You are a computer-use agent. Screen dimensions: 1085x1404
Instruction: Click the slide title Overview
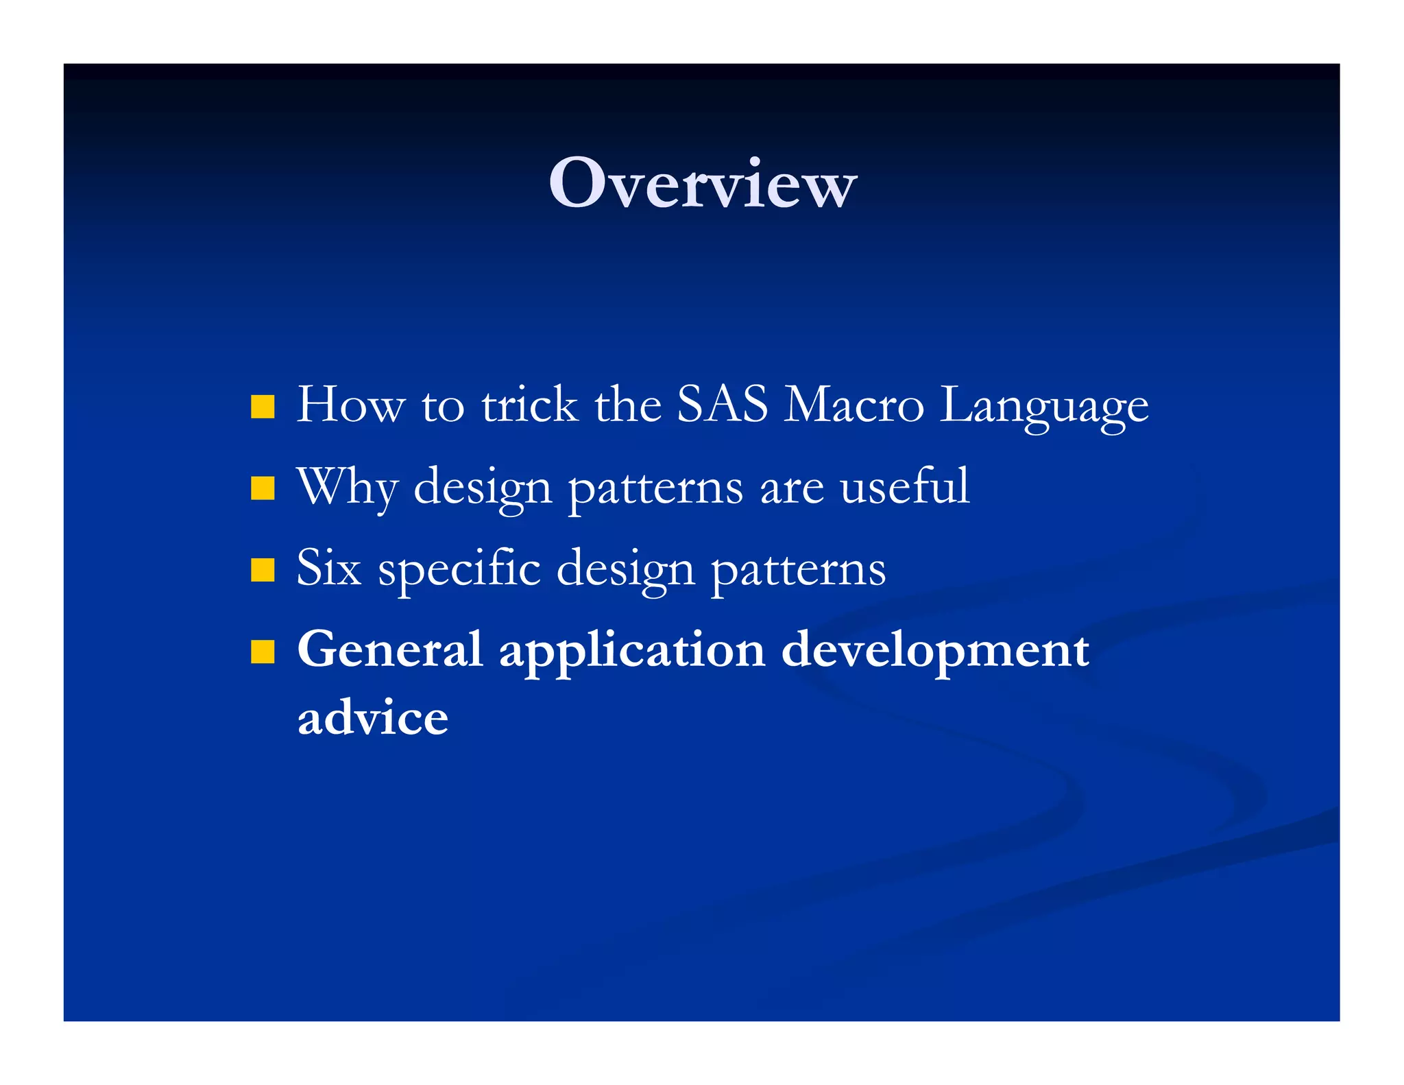point(703,183)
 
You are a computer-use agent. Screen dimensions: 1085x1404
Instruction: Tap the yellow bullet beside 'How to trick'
point(263,406)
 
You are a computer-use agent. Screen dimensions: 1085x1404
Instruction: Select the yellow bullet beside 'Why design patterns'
point(263,488)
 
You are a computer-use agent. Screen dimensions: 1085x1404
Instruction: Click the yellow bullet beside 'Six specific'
point(263,570)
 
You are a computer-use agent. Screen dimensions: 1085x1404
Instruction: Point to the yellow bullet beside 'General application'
point(263,652)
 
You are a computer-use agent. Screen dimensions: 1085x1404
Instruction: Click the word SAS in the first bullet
point(722,405)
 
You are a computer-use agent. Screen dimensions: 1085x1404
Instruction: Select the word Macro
point(854,405)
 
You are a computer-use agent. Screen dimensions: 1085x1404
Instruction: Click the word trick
point(529,405)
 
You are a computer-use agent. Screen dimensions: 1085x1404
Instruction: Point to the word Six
point(328,568)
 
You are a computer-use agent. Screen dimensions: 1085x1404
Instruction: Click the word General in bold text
point(390,649)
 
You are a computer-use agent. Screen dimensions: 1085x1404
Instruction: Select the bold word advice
point(373,717)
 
